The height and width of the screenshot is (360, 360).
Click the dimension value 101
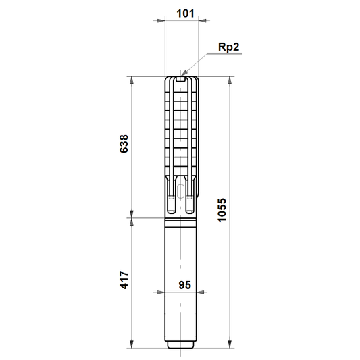click(185, 14)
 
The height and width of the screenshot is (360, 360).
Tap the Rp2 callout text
click(228, 47)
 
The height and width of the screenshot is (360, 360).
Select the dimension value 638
click(124, 144)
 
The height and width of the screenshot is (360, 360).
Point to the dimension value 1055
click(222, 210)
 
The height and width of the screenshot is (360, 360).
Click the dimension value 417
click(124, 280)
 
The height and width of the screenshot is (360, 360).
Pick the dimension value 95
click(185, 285)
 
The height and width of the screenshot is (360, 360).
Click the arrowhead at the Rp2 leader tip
click(184, 72)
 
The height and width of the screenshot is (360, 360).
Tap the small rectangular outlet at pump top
click(181, 79)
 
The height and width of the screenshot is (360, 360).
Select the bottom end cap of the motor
click(181, 344)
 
